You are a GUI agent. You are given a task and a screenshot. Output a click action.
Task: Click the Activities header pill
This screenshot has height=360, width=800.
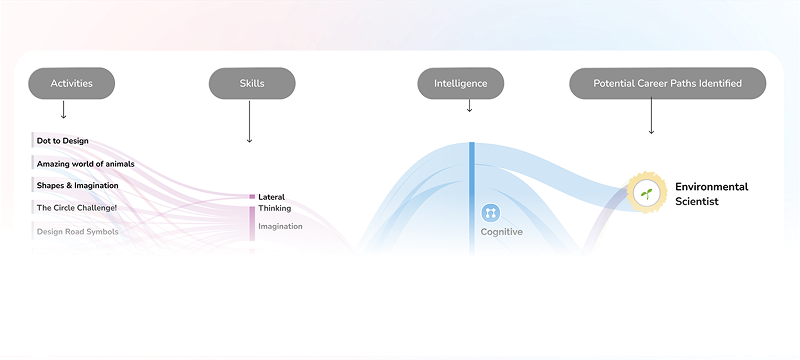click(72, 84)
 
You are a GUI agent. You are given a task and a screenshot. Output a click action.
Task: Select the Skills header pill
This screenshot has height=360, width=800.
click(252, 84)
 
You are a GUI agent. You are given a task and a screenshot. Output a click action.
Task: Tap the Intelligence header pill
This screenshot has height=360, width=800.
click(461, 84)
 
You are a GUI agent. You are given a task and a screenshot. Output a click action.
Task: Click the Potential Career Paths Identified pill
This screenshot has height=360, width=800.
click(667, 84)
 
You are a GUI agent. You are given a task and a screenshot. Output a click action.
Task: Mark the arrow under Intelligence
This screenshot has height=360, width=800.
click(469, 105)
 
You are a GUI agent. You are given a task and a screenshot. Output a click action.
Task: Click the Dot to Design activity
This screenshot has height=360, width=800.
click(62, 141)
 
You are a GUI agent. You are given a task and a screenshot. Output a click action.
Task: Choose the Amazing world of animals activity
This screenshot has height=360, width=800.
click(85, 163)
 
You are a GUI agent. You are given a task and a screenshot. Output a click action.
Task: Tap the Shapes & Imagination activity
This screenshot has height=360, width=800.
click(77, 185)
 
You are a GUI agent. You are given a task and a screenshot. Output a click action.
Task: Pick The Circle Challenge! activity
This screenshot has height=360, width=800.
click(76, 208)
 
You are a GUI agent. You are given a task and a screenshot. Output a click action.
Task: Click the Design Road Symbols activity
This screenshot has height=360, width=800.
click(77, 231)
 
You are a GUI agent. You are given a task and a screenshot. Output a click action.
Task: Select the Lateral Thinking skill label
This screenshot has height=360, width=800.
click(274, 202)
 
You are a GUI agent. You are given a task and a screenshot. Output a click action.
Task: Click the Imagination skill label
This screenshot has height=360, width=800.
click(280, 226)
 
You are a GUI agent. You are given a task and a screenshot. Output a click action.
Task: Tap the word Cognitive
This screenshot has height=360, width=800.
click(501, 232)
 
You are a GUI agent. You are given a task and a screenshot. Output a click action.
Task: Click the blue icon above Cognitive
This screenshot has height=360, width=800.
click(490, 212)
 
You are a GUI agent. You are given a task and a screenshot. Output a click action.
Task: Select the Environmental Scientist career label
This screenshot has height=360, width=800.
click(711, 194)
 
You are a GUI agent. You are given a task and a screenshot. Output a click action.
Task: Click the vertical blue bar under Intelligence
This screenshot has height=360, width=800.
click(471, 190)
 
